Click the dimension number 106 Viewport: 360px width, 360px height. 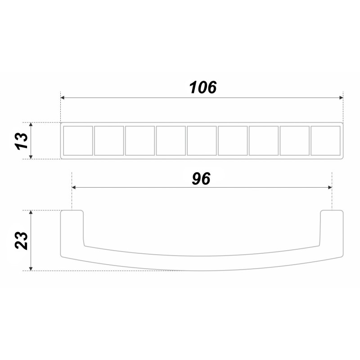tap(203, 87)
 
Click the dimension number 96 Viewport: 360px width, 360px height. tap(201, 179)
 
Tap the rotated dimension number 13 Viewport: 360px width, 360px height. tap(21, 141)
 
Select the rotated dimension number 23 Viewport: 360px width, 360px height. tap(21, 240)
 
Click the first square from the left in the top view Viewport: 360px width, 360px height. tap(78, 141)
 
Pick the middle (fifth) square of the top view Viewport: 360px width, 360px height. tap(202, 141)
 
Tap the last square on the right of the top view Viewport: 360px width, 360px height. tap(325, 141)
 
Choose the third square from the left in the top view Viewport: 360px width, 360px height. tap(140, 141)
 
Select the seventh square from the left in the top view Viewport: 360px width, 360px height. tap(264, 141)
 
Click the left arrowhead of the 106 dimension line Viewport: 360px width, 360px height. tap(62, 98)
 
